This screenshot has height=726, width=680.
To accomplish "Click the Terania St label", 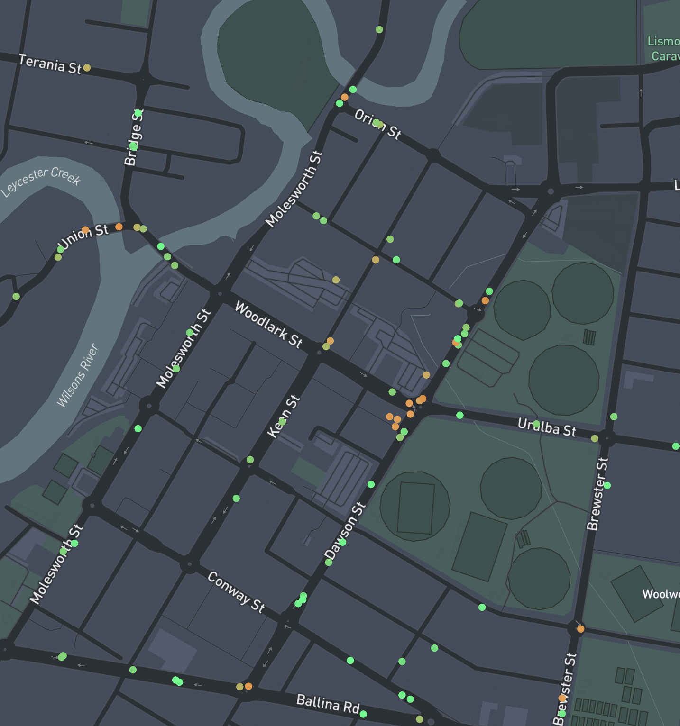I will coord(50,64).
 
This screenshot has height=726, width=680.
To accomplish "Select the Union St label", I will coord(84,236).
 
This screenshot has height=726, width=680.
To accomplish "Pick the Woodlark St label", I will coord(268,325).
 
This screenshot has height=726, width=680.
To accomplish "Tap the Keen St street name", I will coord(284,417).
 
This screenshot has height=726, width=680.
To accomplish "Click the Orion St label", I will coord(378,124).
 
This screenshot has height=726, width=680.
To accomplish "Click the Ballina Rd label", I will coord(328,703).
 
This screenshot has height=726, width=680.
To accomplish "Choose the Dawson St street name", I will coord(345,531).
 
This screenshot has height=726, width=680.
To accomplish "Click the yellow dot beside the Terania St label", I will coord(87,68).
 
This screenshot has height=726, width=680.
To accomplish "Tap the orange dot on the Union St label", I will coord(85,230).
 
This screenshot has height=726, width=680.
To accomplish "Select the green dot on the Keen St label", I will coord(282,421).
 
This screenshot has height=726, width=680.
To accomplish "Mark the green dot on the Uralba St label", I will coord(536,424).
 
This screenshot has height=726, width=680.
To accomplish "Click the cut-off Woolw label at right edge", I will coord(661,594).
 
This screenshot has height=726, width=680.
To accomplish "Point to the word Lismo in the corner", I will coord(663,41).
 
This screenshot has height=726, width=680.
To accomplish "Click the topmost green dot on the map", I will coord(379,29).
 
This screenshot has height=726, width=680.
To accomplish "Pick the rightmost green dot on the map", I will coord(676,446).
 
